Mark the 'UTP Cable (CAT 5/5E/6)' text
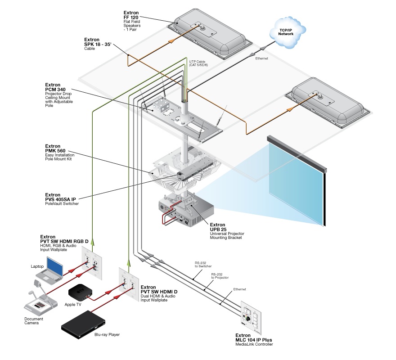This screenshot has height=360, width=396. pos(198,63)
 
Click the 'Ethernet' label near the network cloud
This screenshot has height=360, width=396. pos(263,58)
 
